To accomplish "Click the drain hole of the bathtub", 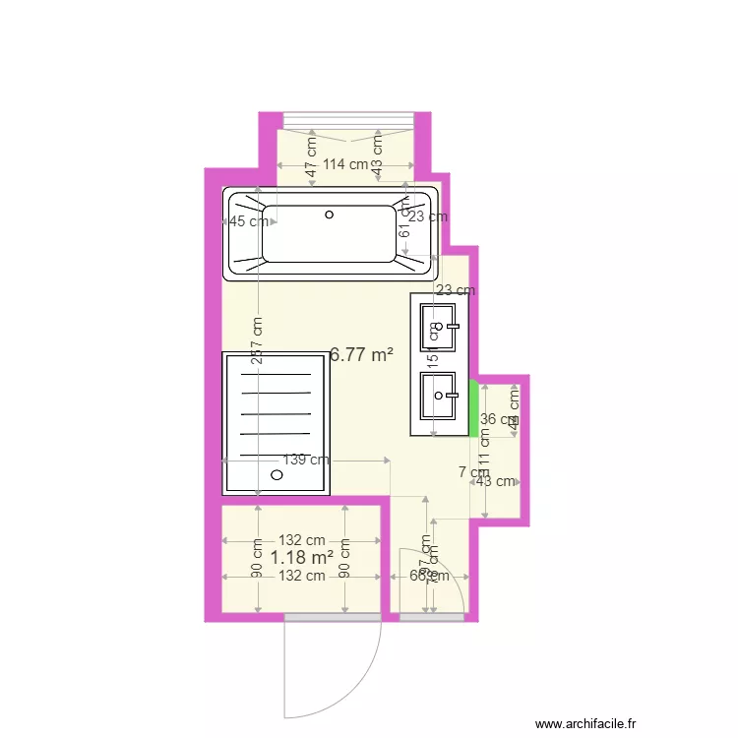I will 330,215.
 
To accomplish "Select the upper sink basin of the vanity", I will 439,327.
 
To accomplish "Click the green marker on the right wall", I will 473,404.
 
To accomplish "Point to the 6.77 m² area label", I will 361,355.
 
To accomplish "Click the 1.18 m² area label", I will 301,558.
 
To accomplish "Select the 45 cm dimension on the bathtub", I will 248,221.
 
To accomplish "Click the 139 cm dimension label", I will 305,460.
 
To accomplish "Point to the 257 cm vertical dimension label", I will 257,341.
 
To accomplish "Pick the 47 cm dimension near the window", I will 311,159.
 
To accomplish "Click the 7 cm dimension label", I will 473,472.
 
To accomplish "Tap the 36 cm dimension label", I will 496,419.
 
